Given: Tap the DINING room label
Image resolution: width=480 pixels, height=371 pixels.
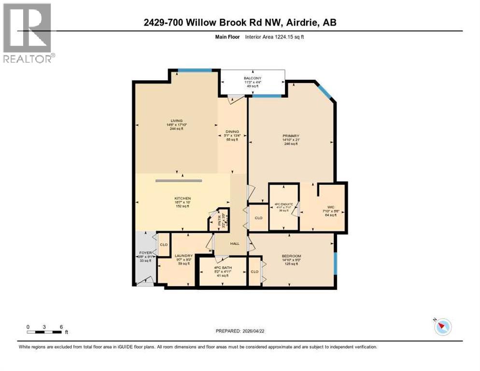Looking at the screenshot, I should pos(232,131).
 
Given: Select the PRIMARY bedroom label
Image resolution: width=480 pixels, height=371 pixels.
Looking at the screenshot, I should pos(291,136).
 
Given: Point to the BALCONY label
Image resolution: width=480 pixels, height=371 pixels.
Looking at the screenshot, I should pos(252,78).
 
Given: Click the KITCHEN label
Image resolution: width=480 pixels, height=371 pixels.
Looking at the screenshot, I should pos(183,199).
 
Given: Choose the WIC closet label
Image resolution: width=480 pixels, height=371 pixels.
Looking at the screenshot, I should pos(331,207).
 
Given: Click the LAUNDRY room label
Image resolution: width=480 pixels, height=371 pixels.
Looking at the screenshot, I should pos(184,256).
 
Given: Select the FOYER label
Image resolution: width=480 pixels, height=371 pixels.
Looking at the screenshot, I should pos(145,252).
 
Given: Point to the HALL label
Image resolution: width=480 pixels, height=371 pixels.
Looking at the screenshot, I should pos(236,243).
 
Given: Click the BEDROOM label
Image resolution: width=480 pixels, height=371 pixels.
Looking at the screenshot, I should pos(291,256).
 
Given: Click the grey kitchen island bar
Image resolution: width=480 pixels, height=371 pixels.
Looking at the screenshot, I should pos(178,181).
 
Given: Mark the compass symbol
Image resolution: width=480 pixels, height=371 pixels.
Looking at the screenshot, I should pos(442,327).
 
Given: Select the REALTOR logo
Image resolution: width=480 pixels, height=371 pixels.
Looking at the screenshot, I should pos(28,33).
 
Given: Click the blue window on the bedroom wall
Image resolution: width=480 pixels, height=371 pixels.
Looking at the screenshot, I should pos(335,263).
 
